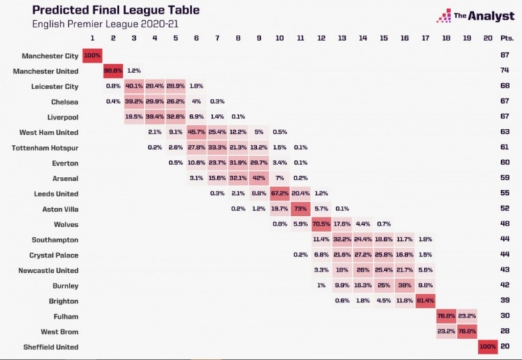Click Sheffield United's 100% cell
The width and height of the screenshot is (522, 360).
[x=489, y=346]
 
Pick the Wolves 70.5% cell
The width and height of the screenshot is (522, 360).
[x=322, y=224]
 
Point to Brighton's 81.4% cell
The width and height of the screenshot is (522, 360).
[x=425, y=301]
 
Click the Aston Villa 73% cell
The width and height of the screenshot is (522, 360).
[x=301, y=208]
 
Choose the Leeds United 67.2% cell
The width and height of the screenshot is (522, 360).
[x=279, y=193]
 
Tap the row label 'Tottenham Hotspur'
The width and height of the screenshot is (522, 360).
[x=45, y=148]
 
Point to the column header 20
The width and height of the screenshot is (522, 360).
[x=488, y=38]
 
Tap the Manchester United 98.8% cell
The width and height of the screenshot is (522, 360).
[x=113, y=70]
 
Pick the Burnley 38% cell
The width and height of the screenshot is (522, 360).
[x=404, y=285]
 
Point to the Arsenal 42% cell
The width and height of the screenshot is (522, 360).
[x=258, y=178]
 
